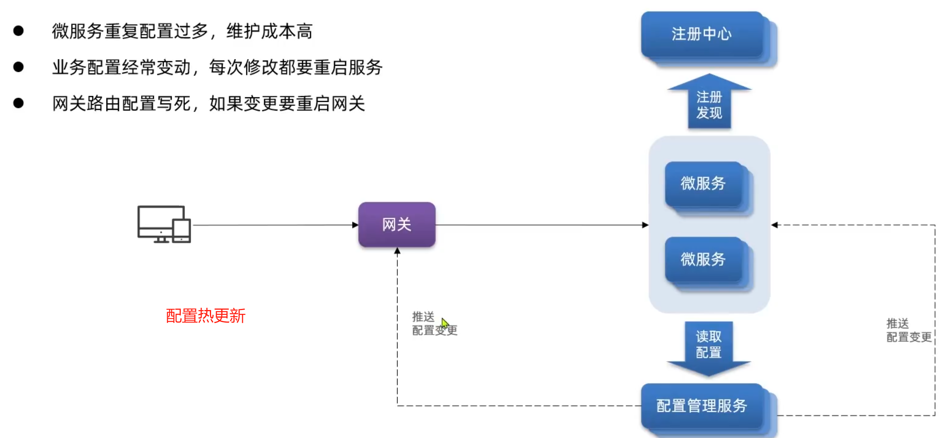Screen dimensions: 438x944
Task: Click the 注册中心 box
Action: (702, 34)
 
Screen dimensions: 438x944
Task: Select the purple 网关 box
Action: (397, 224)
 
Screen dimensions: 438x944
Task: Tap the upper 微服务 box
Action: (703, 184)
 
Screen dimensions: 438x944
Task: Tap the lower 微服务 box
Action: (703, 260)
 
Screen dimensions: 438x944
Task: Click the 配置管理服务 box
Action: (702, 406)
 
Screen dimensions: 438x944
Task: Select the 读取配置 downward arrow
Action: (709, 346)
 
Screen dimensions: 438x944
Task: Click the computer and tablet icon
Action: (164, 224)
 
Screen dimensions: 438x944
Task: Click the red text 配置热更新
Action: (206, 316)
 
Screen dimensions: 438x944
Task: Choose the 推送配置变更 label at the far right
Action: (908, 330)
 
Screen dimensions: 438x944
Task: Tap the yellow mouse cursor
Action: (445, 323)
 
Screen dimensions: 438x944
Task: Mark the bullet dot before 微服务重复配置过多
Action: (18, 31)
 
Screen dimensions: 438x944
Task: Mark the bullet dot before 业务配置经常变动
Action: (18, 67)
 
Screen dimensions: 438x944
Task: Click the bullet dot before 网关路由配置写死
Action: (18, 103)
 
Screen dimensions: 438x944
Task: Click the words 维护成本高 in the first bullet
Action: (269, 31)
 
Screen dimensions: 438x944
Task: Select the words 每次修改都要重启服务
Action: (296, 67)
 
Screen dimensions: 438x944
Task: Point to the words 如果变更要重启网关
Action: (287, 104)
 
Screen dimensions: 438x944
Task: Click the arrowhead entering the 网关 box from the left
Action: (355, 225)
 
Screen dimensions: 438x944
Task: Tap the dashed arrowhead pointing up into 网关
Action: (397, 251)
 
